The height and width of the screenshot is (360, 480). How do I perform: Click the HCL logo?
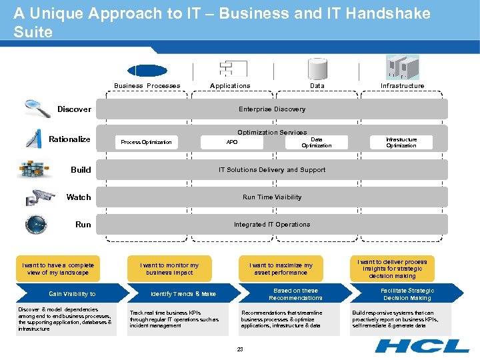click(422, 346)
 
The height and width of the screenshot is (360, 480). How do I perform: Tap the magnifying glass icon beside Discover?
click(37, 107)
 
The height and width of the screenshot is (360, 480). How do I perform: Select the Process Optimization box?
click(147, 142)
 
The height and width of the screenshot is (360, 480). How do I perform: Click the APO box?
click(232, 142)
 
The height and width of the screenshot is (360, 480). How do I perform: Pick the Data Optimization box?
click(316, 142)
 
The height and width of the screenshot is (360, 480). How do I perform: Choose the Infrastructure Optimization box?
click(401, 142)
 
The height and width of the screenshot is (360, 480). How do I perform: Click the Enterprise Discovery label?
click(272, 109)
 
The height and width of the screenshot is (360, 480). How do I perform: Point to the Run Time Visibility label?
click(272, 197)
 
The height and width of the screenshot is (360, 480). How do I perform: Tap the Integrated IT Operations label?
click(272, 225)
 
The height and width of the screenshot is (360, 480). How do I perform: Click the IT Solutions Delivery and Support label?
click(272, 170)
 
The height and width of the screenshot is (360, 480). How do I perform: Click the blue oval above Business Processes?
click(147, 71)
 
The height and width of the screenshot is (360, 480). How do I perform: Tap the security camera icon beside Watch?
click(40, 197)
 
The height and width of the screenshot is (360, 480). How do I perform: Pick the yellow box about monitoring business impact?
click(169, 269)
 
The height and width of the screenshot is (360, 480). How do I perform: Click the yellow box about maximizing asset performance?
click(281, 269)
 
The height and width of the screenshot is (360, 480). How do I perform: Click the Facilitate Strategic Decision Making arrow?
click(407, 294)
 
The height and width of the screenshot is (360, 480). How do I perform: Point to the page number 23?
click(240, 349)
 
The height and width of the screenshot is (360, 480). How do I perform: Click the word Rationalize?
click(70, 139)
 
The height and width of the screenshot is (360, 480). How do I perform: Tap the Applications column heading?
click(230, 86)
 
